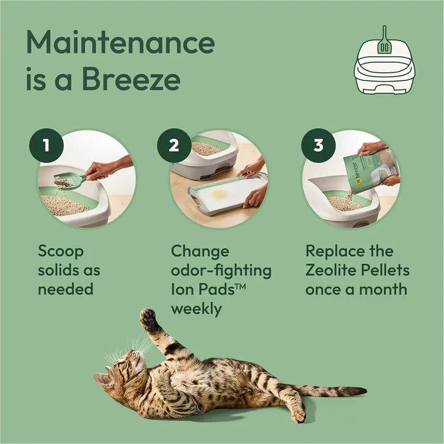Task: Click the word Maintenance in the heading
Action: tap(120, 43)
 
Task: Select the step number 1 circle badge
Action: tap(45, 145)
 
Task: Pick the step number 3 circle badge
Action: tap(315, 145)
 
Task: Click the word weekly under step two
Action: tap(197, 310)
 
